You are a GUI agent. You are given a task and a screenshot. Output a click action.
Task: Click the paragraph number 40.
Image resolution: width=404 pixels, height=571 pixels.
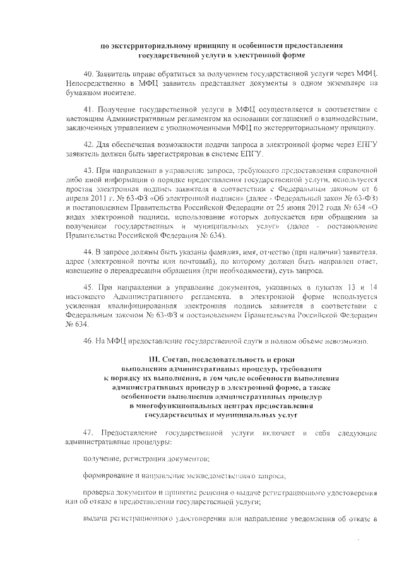point(88,73)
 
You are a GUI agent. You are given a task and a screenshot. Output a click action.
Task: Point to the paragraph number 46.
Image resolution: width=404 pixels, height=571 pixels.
point(88,341)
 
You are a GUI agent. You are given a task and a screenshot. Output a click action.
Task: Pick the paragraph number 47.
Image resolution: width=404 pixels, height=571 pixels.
point(88,433)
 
